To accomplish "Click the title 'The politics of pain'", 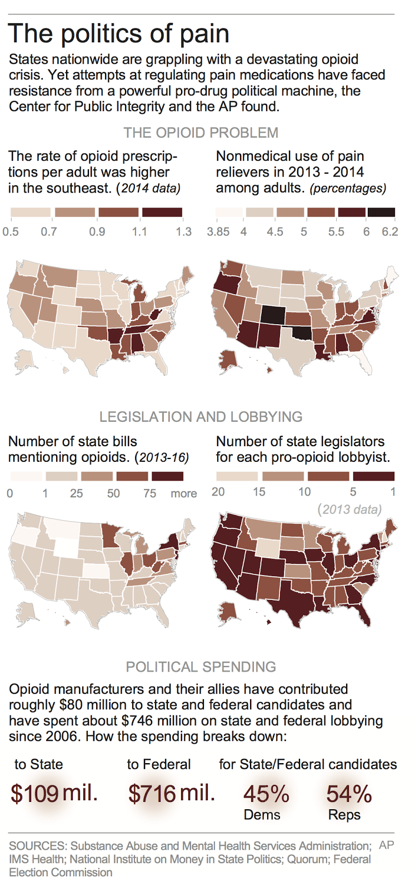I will [x=118, y=34].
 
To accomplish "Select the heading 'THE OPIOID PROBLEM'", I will [x=201, y=133].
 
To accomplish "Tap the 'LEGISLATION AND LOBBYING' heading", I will [x=201, y=417].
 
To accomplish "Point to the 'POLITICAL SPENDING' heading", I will [x=201, y=667].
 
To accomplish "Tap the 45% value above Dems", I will [x=266, y=794].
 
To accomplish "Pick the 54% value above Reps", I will [x=349, y=794].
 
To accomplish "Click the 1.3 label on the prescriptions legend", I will [x=183, y=231].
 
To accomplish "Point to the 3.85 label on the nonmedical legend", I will [x=218, y=231].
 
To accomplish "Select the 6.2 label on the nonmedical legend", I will [x=389, y=231].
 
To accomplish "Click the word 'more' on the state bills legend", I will [x=183, y=493].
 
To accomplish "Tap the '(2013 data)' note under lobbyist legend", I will [x=349, y=509].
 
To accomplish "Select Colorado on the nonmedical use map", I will [x=274, y=315].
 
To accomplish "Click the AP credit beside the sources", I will [x=387, y=845].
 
